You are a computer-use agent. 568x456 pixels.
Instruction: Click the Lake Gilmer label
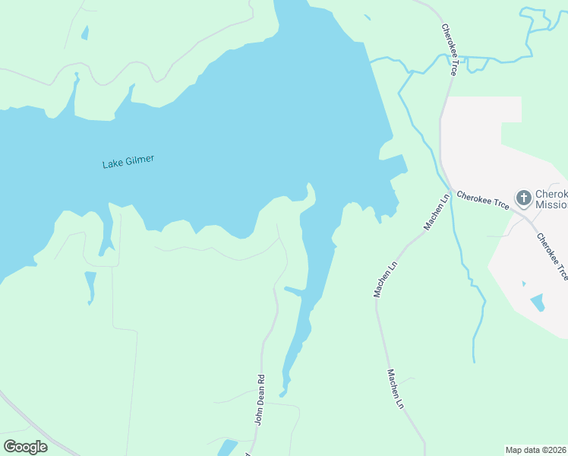click(128, 161)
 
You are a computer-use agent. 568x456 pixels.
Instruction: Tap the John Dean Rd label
click(259, 400)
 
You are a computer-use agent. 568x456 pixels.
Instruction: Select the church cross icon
click(523, 198)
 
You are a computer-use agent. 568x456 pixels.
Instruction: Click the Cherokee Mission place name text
click(551, 199)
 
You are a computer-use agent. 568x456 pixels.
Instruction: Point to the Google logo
click(25, 447)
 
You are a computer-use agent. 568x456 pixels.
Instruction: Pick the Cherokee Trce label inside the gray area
click(552, 257)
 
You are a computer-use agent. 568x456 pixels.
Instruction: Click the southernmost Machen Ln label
click(396, 389)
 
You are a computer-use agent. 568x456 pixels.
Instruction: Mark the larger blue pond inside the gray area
click(538, 303)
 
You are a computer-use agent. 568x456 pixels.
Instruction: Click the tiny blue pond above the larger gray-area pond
click(523, 283)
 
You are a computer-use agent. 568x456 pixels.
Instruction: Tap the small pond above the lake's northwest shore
click(85, 33)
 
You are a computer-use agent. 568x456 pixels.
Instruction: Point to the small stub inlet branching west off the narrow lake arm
click(292, 290)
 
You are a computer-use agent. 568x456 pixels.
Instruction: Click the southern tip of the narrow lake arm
click(282, 394)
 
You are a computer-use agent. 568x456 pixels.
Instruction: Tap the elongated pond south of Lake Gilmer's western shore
click(91, 286)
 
